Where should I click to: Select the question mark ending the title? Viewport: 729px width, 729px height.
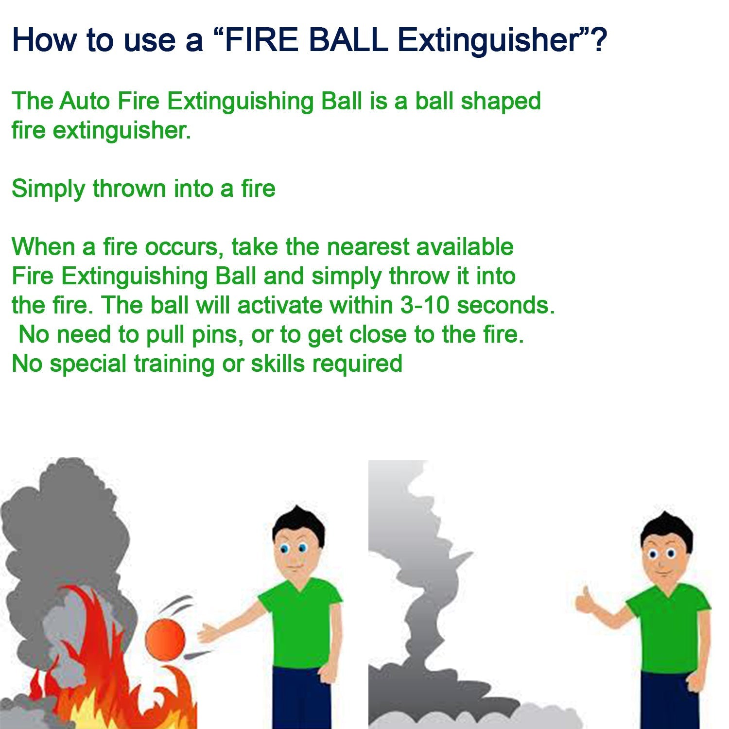click(x=599, y=40)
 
